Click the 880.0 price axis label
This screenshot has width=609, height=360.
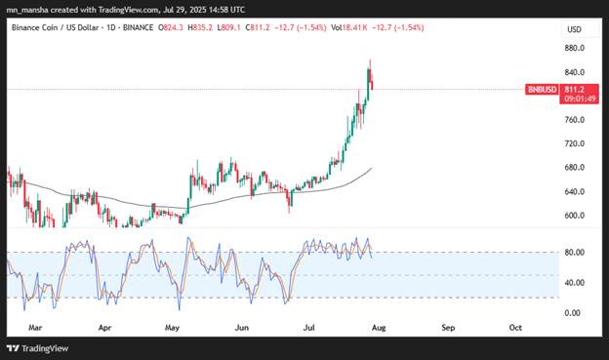575,48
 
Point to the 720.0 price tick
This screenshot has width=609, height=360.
575,143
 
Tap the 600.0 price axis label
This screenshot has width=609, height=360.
575,216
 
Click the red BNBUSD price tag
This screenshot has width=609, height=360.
542,89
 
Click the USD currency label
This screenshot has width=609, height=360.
574,29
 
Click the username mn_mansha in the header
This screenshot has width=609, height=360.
30,10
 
